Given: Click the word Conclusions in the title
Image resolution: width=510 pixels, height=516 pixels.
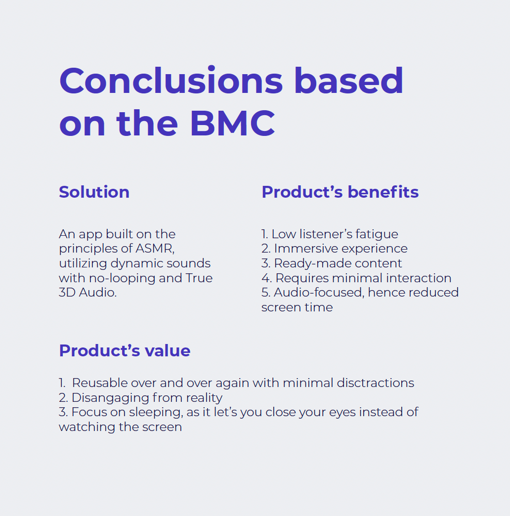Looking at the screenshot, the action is [x=171, y=81].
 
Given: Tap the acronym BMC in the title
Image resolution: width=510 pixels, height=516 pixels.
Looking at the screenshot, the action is [x=232, y=123].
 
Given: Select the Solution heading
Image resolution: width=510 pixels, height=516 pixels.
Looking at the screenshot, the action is [x=94, y=192].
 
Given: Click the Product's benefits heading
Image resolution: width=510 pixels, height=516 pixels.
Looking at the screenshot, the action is [x=340, y=192].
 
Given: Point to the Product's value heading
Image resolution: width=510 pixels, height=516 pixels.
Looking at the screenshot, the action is [x=125, y=350].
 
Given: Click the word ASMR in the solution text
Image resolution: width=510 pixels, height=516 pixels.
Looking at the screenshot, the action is [x=155, y=249].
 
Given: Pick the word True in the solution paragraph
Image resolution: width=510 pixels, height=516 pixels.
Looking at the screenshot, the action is [x=199, y=278].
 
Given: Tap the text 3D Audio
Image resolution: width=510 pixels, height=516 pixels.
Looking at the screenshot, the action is [x=88, y=293].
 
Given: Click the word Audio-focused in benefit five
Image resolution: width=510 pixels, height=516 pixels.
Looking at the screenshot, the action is [x=319, y=293].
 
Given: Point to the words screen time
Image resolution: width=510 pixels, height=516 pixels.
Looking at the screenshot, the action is [x=297, y=307].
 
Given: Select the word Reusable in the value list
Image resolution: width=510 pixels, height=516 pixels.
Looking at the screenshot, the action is [x=100, y=383].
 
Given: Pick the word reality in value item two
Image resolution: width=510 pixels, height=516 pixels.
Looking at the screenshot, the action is [x=204, y=398].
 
